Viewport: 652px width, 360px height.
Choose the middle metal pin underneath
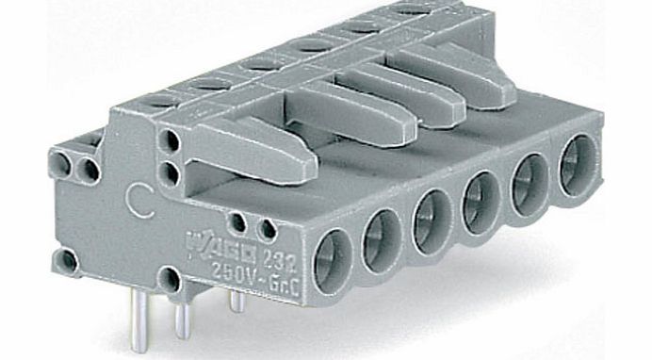pyautogui.click(x=181, y=316)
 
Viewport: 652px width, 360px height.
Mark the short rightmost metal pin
pyautogui.click(x=236, y=302)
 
